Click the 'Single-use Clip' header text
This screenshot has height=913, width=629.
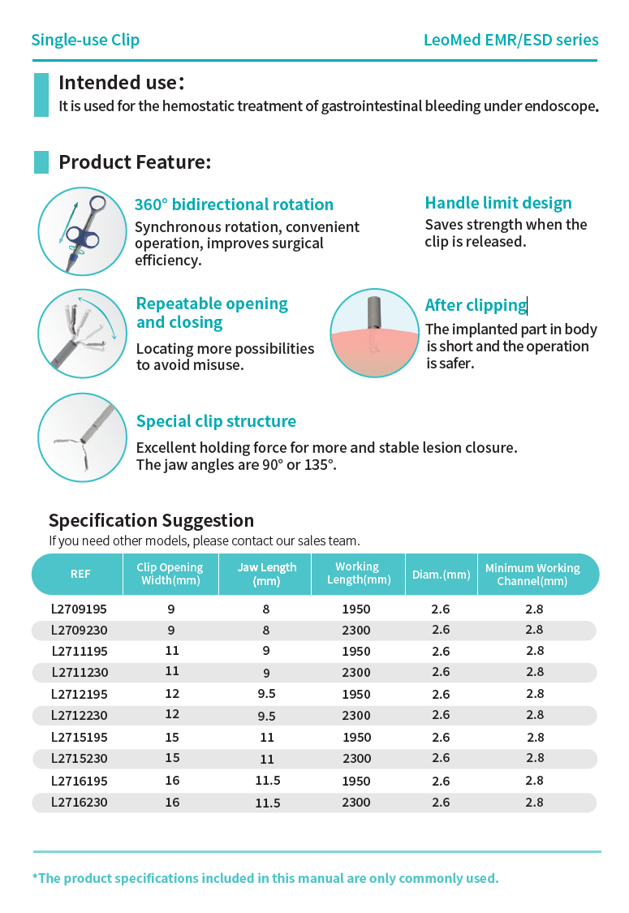pos(85,40)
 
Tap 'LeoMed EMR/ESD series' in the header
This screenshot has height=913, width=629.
pos(511,40)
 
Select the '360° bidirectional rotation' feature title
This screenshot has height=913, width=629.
pos(234,205)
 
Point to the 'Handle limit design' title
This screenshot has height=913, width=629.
pos(498,203)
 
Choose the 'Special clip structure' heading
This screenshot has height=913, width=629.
pos(216,421)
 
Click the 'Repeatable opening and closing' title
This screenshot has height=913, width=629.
pos(212,313)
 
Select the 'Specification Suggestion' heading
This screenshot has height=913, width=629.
pos(151,520)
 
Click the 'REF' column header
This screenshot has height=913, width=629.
pos(80,574)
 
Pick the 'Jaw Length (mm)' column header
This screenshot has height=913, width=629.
pos(267,574)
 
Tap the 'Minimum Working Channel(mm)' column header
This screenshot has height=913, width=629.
pos(532,575)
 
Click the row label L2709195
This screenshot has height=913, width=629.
pos(79,609)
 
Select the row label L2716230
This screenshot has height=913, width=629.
pos(79,802)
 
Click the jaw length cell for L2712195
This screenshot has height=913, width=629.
pos(267,695)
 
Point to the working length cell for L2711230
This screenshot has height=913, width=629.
pos(357,673)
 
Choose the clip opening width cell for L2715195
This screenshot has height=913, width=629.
pos(171,737)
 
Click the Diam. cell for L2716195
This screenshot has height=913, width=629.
pos(441,781)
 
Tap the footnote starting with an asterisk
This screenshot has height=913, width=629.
pos(265,878)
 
